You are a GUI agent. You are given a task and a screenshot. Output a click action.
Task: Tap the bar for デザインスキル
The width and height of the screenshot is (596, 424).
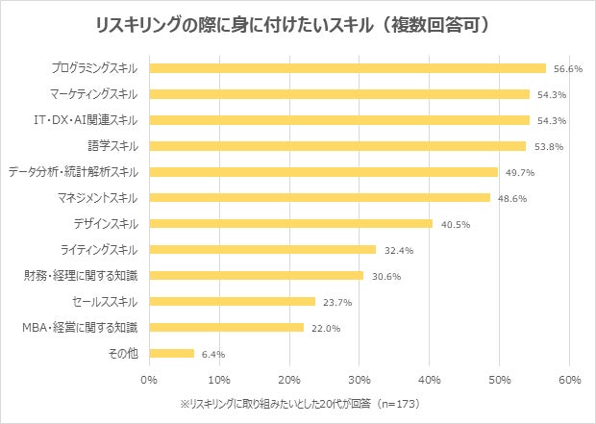point(292,223)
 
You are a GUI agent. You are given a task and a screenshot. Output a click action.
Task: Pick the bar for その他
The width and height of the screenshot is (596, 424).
point(173,353)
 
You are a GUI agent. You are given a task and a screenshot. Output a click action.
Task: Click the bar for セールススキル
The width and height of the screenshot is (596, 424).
point(234,301)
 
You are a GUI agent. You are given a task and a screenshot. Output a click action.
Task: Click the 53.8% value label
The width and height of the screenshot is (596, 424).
point(550,146)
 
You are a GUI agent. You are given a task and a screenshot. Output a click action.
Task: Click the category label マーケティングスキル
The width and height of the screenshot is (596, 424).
point(94,94)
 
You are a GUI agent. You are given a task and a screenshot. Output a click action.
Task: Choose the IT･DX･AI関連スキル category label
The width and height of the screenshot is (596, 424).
point(86,120)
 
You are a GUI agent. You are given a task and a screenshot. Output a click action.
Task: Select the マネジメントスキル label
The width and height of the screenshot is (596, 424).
point(98,198)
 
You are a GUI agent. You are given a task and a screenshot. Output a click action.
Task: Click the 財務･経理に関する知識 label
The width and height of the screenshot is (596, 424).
point(81,275)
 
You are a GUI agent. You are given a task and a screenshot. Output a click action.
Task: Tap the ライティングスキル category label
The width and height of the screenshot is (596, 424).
point(100,249)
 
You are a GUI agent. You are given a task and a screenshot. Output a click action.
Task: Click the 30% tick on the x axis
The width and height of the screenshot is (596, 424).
point(359,379)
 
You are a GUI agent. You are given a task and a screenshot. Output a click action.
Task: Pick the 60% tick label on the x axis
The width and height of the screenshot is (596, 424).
point(567,379)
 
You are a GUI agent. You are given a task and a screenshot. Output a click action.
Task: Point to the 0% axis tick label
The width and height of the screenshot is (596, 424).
point(150,379)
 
